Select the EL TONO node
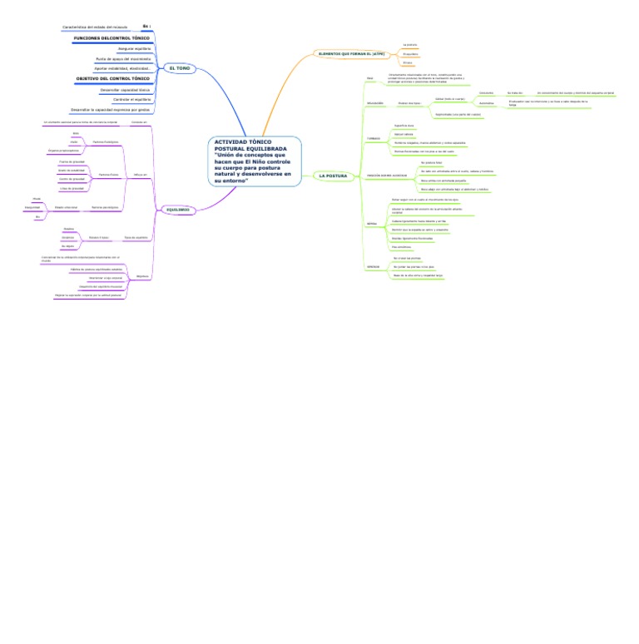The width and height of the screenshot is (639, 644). (179, 68)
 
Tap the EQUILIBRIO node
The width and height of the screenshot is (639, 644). (176, 210)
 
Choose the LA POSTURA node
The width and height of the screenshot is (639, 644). (333, 176)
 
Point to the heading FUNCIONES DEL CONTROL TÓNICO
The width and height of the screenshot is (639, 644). (111, 38)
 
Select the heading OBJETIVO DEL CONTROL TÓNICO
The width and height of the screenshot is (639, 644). (113, 78)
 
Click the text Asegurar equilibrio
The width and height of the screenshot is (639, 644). (134, 49)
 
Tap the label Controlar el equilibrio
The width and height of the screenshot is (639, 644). (131, 99)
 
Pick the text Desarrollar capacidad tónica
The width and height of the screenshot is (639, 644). (125, 89)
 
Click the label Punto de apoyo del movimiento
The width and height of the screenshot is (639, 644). (123, 59)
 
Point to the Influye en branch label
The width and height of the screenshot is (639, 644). (139, 174)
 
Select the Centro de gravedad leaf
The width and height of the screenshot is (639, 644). (72, 179)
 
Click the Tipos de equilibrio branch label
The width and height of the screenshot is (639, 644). (136, 237)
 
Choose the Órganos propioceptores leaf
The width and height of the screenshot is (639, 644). (63, 151)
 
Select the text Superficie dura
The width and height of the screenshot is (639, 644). (404, 125)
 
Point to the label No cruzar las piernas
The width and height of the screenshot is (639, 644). (407, 259)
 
